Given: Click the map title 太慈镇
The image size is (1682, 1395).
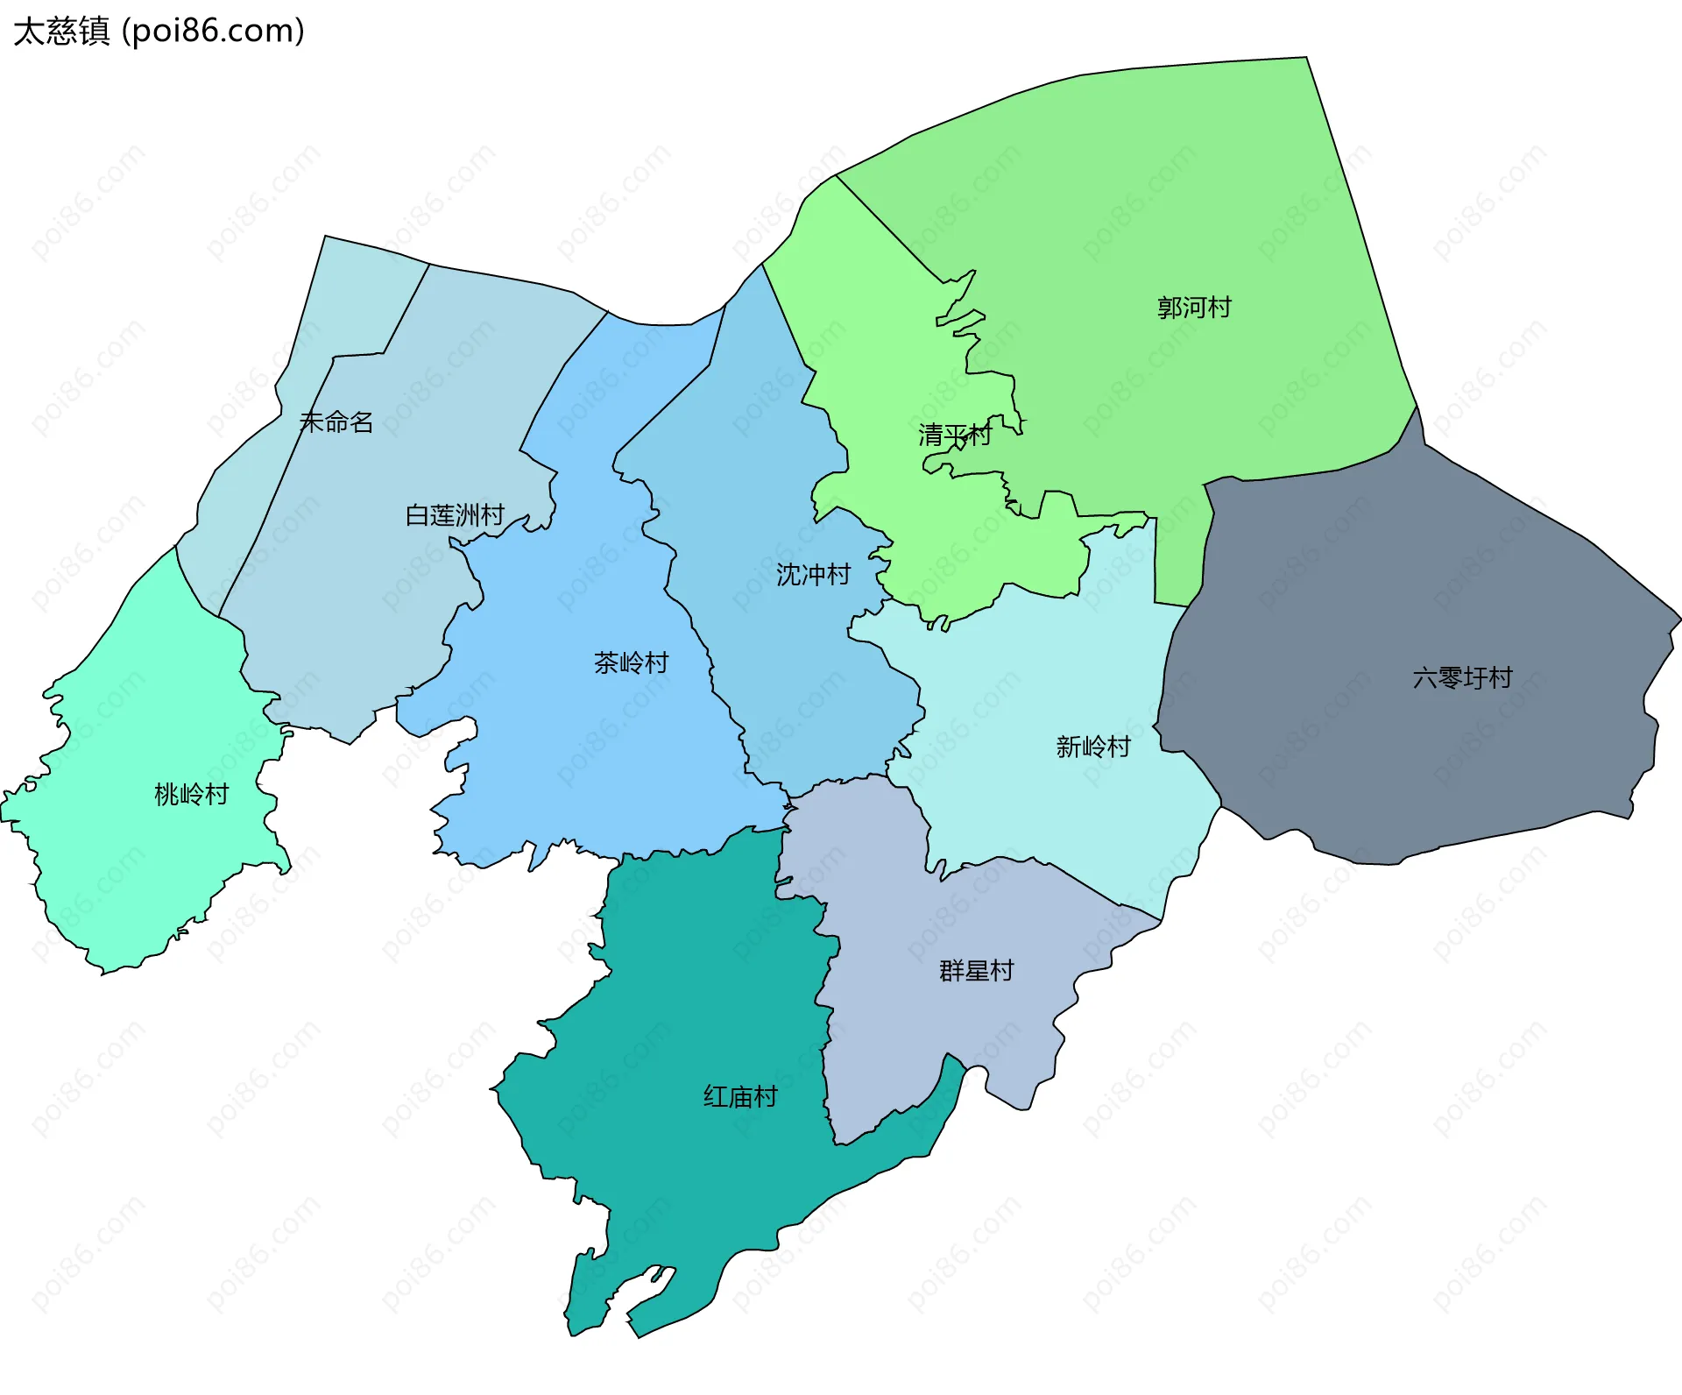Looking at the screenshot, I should [61, 32].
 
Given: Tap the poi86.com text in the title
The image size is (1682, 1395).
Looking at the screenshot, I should [213, 32].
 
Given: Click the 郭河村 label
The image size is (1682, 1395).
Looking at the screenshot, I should [1194, 308].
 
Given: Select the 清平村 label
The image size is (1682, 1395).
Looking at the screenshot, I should [954, 435].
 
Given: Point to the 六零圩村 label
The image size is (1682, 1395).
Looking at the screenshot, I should [1462, 677].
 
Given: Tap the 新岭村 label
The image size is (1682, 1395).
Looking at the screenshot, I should [1093, 747].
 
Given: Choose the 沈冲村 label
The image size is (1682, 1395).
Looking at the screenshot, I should [813, 575].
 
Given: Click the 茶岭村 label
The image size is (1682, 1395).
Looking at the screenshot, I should [631, 662].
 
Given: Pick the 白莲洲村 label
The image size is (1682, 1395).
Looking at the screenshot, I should [455, 515].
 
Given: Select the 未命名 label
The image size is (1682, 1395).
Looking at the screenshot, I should [336, 422].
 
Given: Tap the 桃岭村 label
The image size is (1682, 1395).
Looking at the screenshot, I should [191, 795].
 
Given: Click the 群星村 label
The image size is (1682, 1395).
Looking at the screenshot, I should [976, 971].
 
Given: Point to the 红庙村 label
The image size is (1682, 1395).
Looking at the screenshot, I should [740, 1097].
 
